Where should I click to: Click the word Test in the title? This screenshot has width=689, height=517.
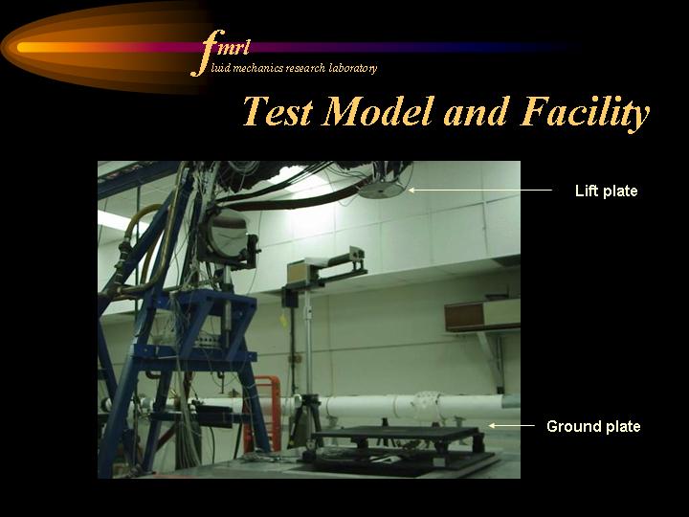278,111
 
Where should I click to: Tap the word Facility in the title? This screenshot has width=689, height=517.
585,113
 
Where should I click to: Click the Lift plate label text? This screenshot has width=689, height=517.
606,191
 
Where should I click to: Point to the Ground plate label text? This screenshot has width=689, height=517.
593,426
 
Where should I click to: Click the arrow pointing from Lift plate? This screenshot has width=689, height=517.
479,190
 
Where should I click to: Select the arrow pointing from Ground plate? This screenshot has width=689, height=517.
511,425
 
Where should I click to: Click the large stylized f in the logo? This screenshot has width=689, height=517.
208,53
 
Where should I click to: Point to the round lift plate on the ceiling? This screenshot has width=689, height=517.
382,190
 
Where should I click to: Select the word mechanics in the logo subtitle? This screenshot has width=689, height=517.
258,68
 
